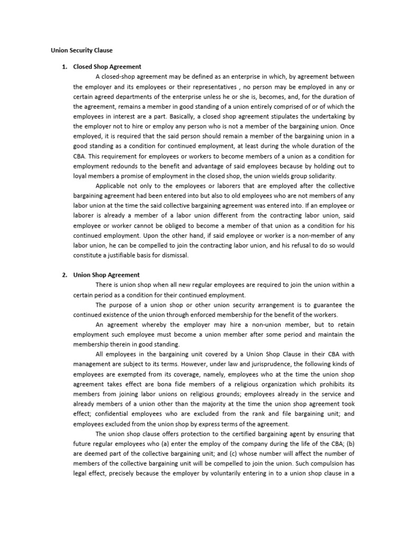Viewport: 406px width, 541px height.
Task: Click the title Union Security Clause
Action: (x=81, y=50)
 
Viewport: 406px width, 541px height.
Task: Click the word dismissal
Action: (x=172, y=255)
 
